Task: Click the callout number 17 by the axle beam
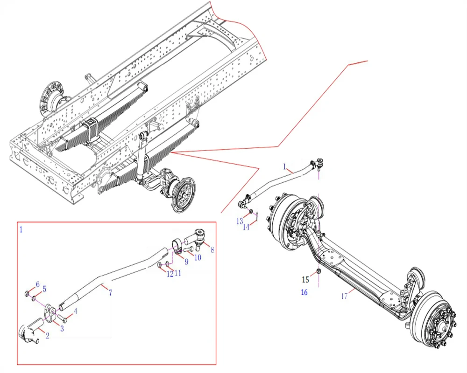pos(344,296)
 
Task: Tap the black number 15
pos(305,280)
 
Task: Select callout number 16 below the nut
pos(304,292)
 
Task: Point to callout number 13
pos(240,221)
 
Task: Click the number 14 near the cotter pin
pos(246,227)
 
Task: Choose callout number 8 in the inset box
pos(212,249)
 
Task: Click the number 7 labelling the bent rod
pos(110,293)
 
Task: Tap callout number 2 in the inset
pos(47,336)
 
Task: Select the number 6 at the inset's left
pos(37,284)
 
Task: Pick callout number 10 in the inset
pos(198,257)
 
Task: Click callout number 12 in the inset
pos(170,274)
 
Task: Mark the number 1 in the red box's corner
pos(21,229)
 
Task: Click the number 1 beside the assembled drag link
pos(284,166)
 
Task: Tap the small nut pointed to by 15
pos(318,271)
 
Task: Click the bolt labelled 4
pos(63,318)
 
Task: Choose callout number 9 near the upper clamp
pos(186,262)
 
